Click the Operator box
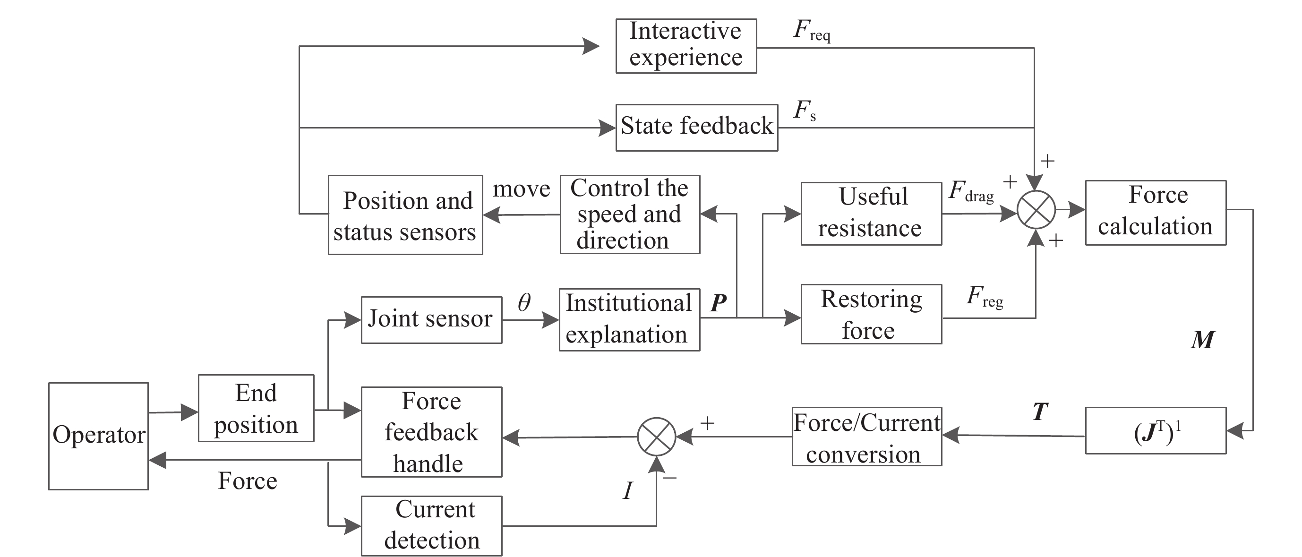point(98,436)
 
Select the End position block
point(256,408)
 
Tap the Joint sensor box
point(431,319)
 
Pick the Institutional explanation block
point(629,319)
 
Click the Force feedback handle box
point(431,432)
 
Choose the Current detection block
point(431,526)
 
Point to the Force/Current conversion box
point(866,437)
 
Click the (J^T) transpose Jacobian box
point(1155,431)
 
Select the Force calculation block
point(1155,212)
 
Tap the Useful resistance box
point(871,213)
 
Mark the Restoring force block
point(871,314)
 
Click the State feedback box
point(696,128)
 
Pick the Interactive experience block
point(686,46)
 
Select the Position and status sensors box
point(405,215)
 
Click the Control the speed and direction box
point(630,214)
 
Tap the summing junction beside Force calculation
point(1036,209)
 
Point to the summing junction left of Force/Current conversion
point(656,437)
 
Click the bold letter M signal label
point(1202,340)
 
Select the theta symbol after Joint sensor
point(524,303)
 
